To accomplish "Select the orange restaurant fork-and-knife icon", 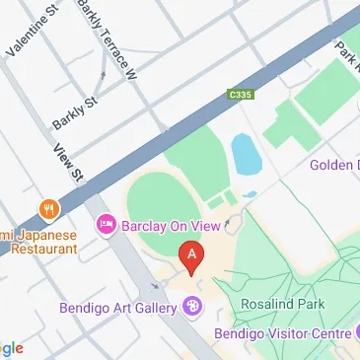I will click(x=45, y=208).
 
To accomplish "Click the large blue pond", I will click(x=244, y=154).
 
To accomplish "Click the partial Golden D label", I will click(x=335, y=164).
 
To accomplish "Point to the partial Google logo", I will click(x=10, y=348).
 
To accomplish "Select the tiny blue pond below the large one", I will click(x=251, y=194).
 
